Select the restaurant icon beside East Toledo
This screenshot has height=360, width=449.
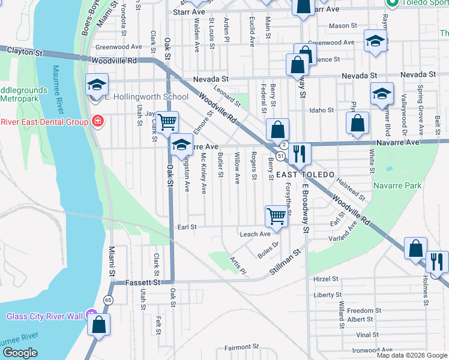pos(298,154)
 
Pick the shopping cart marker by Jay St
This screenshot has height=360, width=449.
pos(168,122)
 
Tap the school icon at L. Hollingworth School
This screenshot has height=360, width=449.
pos(95,85)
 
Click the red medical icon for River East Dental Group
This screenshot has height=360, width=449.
pos(98,122)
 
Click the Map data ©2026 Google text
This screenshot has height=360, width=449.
pos(411,355)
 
